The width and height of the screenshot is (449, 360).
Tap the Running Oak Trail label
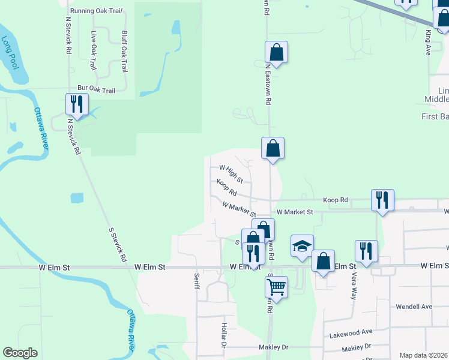coord(96,11)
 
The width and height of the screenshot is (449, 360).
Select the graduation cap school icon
coord(302,245)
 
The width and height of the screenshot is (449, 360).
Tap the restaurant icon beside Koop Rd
coord(382,200)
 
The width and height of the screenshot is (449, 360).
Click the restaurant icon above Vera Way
coord(366,251)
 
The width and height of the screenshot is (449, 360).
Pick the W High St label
coord(231,175)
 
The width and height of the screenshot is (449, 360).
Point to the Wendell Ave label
coord(414,307)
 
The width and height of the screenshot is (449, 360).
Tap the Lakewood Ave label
coord(351,331)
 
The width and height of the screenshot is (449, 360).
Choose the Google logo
coord(20,353)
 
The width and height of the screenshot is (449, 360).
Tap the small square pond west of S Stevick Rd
coord(77,198)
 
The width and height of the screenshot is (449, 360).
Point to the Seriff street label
coord(196,281)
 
